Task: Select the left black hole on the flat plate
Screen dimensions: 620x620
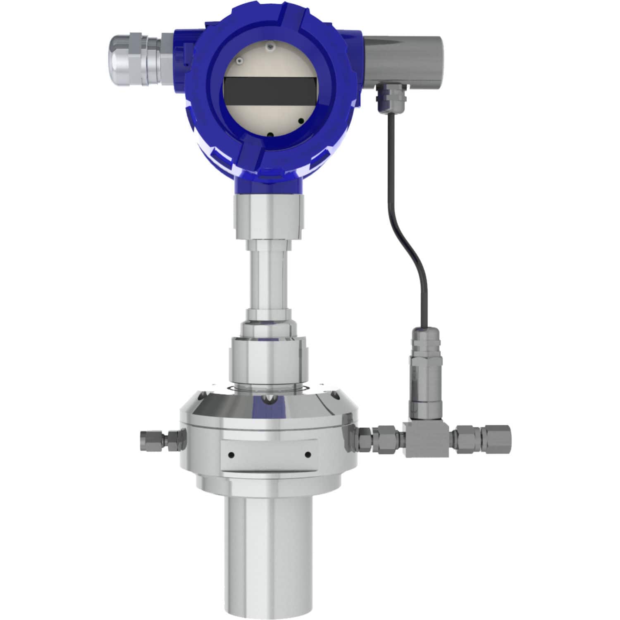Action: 231,455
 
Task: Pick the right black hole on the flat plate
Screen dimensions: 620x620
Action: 308,455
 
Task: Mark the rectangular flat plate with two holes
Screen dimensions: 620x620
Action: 269,455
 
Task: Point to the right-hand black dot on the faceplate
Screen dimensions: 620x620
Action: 301,121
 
